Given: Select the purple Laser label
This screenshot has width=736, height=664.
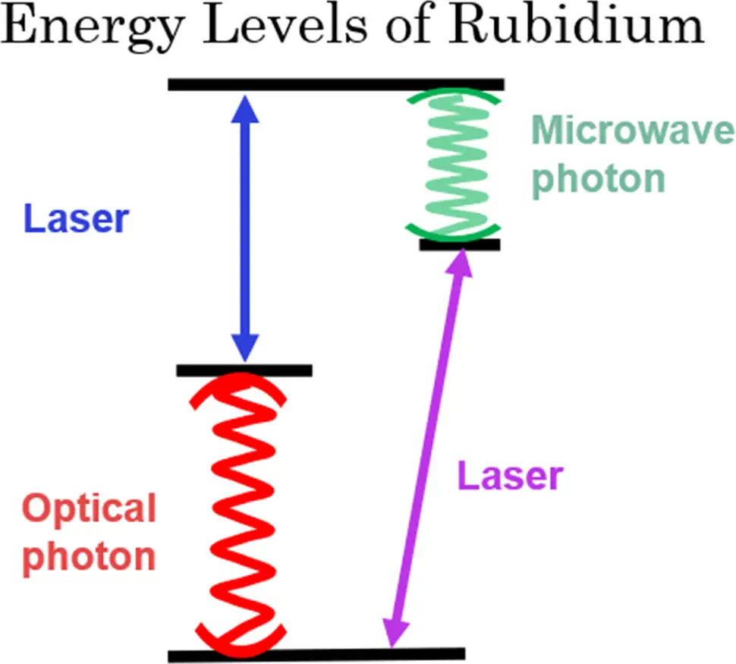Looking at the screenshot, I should point(510,477).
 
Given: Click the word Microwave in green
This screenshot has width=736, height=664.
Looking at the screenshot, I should point(633,134).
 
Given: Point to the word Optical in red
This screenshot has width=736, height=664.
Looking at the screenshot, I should point(90,508).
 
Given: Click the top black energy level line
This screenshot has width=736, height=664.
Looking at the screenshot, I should point(335,84).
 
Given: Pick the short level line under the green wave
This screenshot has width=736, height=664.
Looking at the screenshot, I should point(459,244).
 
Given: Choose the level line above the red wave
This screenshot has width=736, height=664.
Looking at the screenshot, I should point(244,370).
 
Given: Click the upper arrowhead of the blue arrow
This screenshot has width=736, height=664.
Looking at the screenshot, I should point(244,108).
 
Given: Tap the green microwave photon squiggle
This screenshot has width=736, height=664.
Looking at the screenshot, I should point(453,163).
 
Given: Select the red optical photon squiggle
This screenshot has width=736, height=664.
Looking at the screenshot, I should point(241,512).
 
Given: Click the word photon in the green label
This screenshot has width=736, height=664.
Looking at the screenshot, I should point(598,179).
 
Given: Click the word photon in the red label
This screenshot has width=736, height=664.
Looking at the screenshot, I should point(90,557).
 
